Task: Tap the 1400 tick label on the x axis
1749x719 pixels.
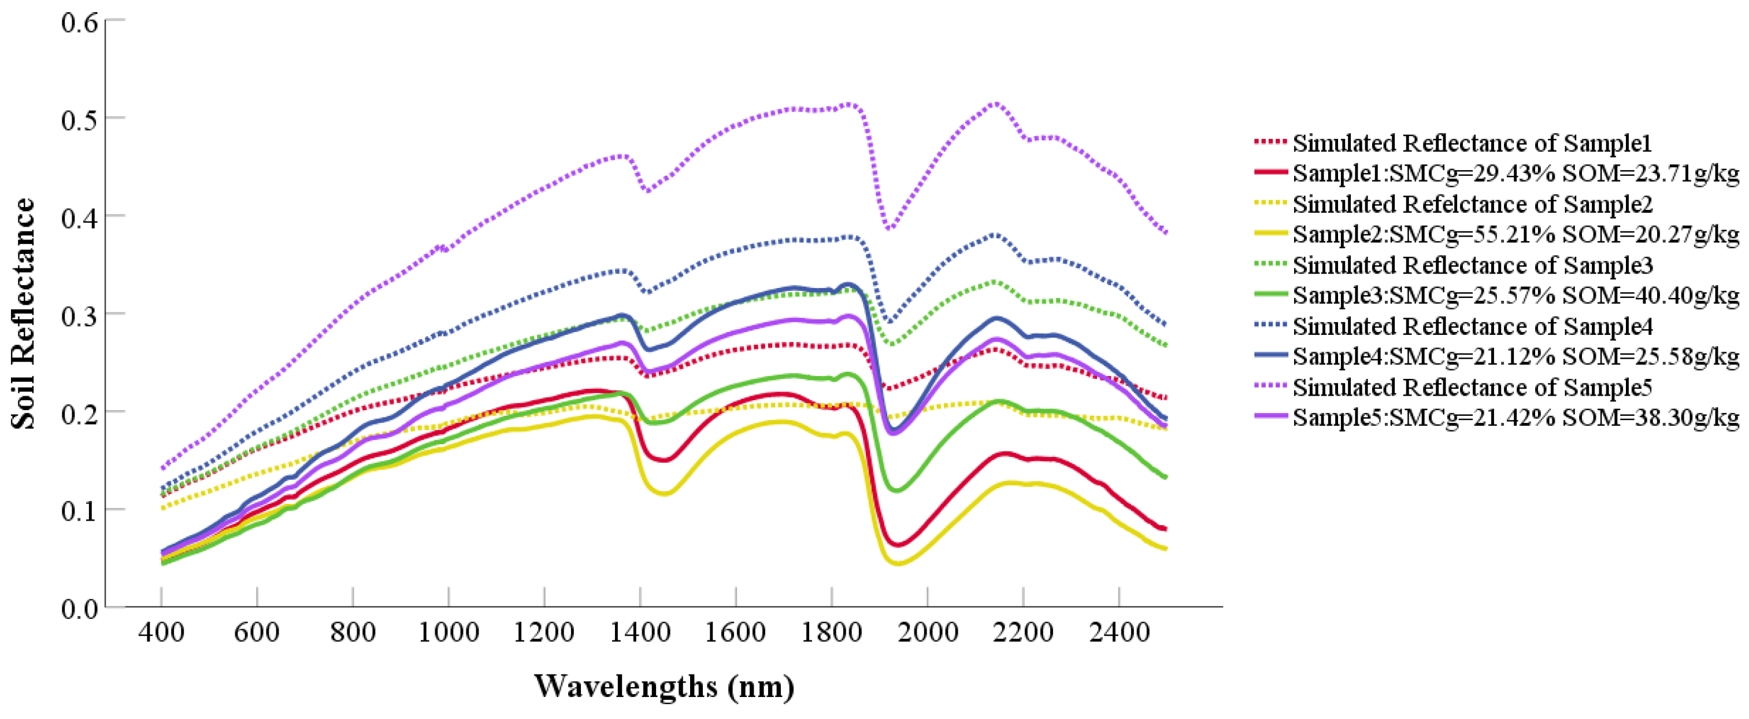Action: pyautogui.click(x=640, y=633)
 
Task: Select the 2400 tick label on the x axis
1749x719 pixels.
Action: pyautogui.click(x=1118, y=633)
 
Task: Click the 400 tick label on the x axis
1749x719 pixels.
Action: pyautogui.click(x=161, y=633)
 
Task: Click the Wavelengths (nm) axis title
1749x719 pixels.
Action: pyautogui.click(x=664, y=687)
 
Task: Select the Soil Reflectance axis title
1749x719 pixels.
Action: pyautogui.click(x=23, y=314)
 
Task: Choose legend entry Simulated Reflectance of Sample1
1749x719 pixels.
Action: pyautogui.click(x=1472, y=143)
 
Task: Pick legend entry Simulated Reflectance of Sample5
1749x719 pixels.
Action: pyautogui.click(x=1472, y=388)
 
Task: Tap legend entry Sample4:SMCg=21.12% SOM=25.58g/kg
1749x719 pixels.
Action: pyautogui.click(x=1515, y=356)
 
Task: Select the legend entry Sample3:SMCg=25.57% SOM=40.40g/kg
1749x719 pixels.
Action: pyautogui.click(x=1515, y=296)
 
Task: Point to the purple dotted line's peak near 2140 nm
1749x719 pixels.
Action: pyautogui.click(x=995, y=104)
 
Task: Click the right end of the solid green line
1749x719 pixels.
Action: pyautogui.click(x=1165, y=477)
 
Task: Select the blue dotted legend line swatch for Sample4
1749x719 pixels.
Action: pyautogui.click(x=1270, y=326)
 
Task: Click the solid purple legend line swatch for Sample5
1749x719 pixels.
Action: pyautogui.click(x=1270, y=417)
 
